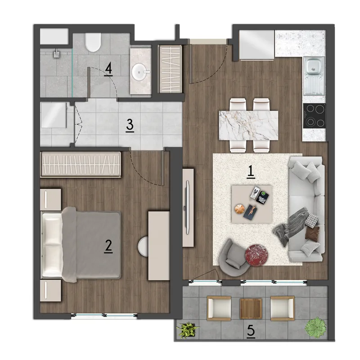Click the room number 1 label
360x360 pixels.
click(x=251, y=172)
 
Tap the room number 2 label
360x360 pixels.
click(x=108, y=246)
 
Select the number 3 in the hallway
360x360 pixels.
click(x=130, y=126)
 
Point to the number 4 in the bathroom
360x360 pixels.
click(x=108, y=69)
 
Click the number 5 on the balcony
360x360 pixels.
click(x=251, y=332)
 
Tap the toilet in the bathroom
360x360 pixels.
click(x=93, y=42)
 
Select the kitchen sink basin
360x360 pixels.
click(x=313, y=66)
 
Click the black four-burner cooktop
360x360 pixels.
click(x=314, y=116)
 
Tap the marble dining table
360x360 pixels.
click(x=249, y=126)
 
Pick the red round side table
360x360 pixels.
click(x=256, y=255)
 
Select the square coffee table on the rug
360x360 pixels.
click(x=252, y=204)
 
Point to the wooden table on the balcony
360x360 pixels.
click(x=251, y=308)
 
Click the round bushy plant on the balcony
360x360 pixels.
click(x=316, y=328)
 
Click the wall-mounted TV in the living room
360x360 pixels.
click(x=188, y=207)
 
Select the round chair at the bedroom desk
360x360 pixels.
click(x=143, y=247)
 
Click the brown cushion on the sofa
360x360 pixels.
click(x=312, y=233)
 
